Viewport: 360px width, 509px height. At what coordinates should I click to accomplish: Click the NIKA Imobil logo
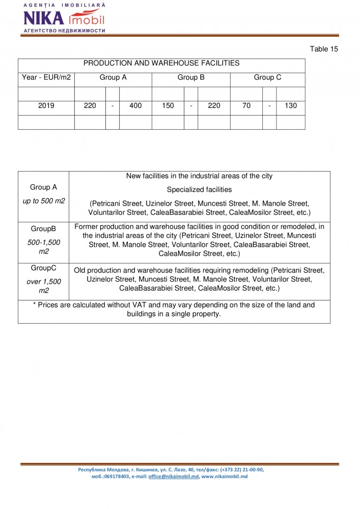click(64, 18)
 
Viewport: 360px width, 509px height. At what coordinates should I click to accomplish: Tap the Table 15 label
click(324, 49)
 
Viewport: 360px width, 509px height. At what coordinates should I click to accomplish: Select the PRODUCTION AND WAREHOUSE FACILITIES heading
click(161, 64)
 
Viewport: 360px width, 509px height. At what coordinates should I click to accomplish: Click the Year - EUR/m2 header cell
click(46, 78)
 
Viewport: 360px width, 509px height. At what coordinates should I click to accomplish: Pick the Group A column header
click(113, 78)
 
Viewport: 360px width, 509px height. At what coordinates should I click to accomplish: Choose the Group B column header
click(191, 78)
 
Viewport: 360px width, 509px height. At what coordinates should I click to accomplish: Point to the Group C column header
click(267, 78)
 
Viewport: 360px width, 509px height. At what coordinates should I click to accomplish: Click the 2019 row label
click(46, 106)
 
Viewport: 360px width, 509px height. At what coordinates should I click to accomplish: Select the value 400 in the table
click(135, 106)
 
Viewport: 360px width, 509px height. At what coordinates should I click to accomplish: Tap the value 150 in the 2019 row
click(168, 106)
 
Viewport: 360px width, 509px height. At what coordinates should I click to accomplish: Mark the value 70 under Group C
click(246, 106)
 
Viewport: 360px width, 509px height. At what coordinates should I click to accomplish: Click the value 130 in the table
click(291, 106)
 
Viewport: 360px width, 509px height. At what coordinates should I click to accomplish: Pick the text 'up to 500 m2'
click(44, 201)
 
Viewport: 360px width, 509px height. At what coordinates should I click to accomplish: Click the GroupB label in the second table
click(43, 229)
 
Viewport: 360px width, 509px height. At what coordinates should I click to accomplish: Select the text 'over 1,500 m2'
click(43, 286)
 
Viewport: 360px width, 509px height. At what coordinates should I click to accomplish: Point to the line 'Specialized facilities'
click(199, 190)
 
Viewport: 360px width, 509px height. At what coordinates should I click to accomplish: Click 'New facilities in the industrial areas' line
click(199, 176)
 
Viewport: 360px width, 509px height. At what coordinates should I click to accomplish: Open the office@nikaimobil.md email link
click(173, 476)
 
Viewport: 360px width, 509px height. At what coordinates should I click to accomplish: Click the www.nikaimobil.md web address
click(225, 476)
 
